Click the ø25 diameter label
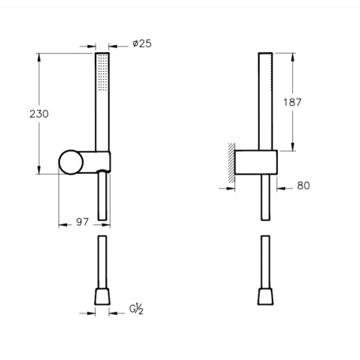point(142,43)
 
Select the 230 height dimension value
point(39,114)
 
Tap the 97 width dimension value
point(82,222)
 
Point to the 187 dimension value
point(292,102)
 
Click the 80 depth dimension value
point(303,186)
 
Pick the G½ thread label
point(137,309)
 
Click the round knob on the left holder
point(71,163)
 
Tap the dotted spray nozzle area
point(103,73)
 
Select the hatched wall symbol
point(231,163)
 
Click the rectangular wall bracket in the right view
point(256,163)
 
